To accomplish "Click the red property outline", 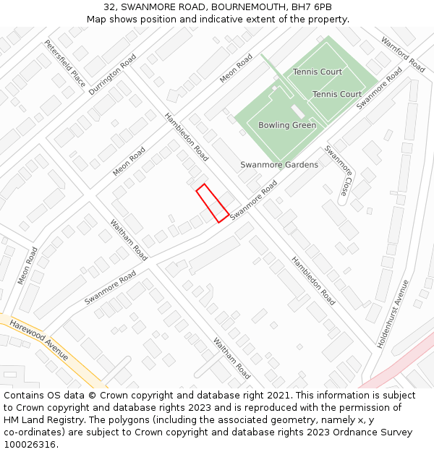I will (x=213, y=203).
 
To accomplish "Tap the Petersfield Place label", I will (x=64, y=63).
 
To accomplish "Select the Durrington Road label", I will (x=112, y=74).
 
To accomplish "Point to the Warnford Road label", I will (x=403, y=54).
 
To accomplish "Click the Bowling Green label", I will (x=287, y=125).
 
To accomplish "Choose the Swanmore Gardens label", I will (x=279, y=165).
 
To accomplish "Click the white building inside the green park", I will (x=297, y=112).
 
